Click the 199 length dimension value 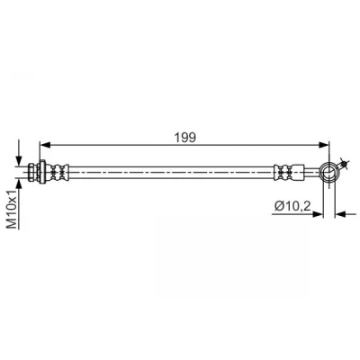184,138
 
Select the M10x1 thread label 12,210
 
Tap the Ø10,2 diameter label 292,206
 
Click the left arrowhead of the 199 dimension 45,145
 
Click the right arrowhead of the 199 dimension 324,145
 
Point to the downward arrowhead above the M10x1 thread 19,160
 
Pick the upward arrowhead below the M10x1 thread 19,184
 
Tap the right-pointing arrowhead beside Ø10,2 319,214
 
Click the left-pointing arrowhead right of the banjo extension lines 339,214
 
